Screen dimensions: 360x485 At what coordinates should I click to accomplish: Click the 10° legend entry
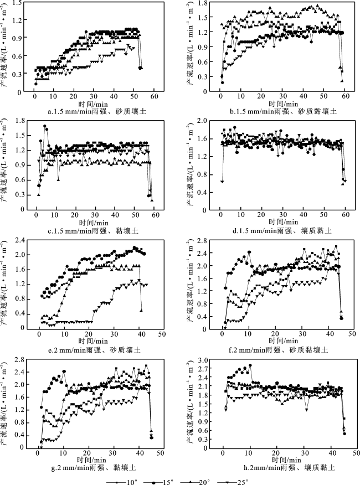coord(122,482)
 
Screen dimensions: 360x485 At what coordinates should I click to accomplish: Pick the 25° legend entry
coord(233,482)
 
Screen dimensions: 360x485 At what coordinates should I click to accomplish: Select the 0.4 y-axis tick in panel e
coord(20,314)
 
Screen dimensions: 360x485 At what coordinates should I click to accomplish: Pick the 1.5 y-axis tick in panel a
coord(18,3)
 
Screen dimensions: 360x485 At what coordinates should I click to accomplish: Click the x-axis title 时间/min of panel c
coord(94,223)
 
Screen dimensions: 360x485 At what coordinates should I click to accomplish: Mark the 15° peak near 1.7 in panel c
coord(45,126)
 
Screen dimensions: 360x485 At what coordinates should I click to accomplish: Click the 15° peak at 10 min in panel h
coord(250,365)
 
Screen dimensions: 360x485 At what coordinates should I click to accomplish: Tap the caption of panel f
coord(278,350)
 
